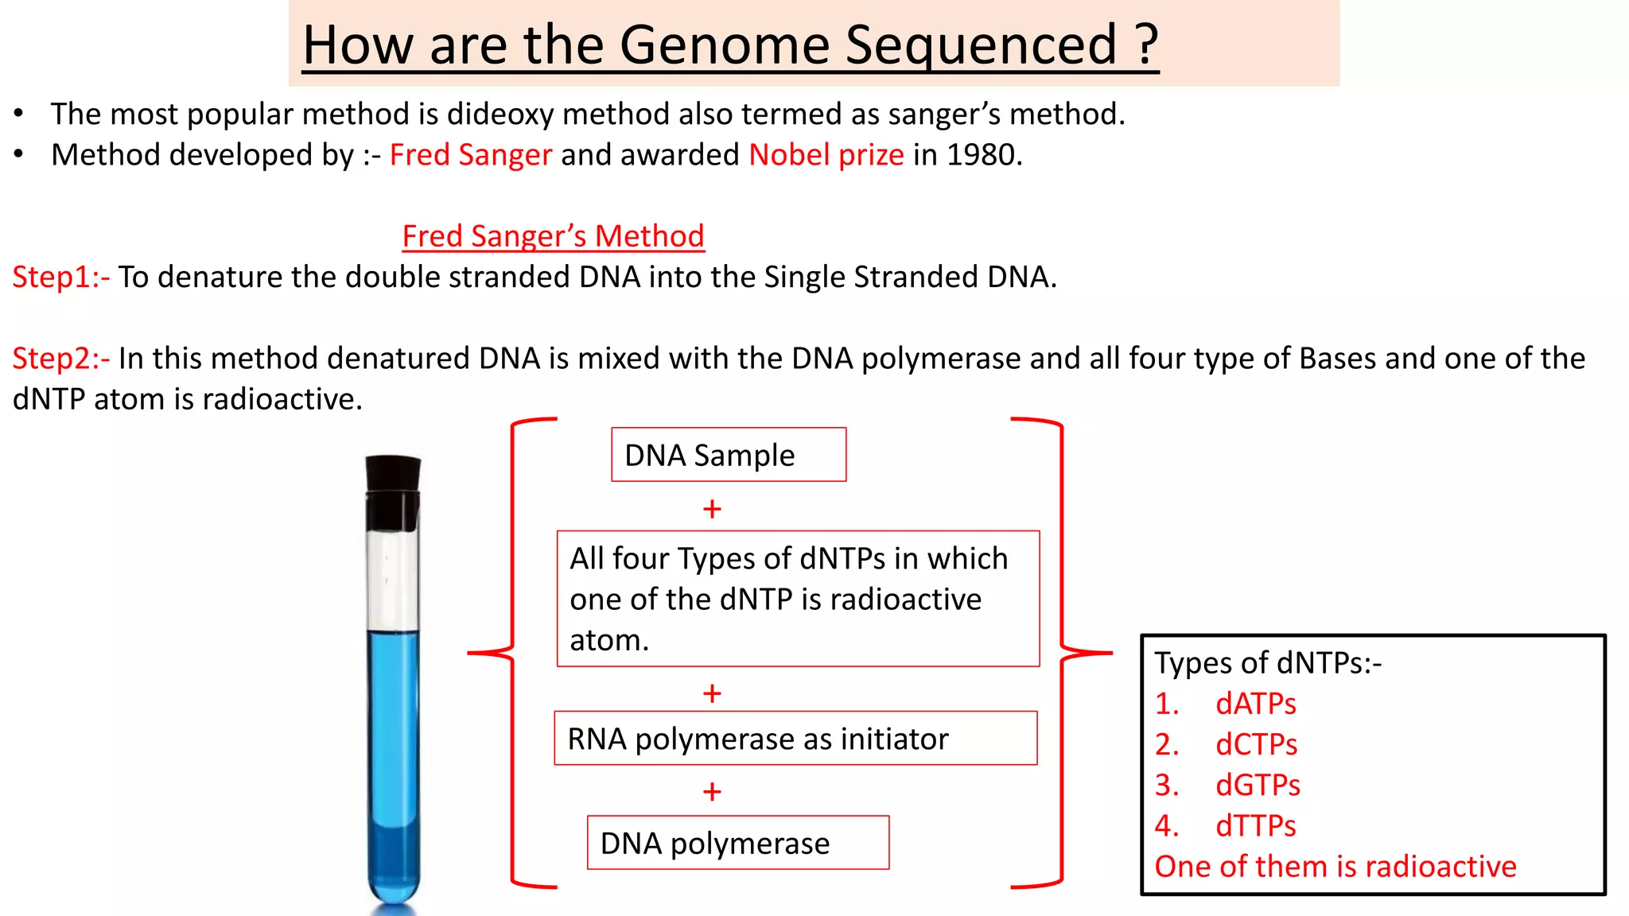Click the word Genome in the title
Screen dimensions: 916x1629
[724, 45]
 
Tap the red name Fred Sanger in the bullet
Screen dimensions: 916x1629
[470, 154]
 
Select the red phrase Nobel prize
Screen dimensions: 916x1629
[826, 154]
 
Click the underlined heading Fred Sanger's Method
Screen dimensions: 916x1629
[553, 236]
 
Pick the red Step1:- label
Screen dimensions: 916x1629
[60, 277]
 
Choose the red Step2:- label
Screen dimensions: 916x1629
[60, 359]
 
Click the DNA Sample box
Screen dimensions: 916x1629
[728, 455]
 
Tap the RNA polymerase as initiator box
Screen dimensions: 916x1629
[795, 739]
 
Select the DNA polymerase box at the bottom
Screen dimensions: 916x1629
[737, 843]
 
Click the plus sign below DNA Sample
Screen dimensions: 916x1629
[712, 509]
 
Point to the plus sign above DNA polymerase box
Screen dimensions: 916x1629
[712, 792]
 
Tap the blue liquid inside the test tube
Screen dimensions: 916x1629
[393, 755]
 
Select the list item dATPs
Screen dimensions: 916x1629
[1255, 704]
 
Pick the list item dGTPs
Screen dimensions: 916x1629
[1257, 786]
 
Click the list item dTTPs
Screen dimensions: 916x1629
[1255, 826]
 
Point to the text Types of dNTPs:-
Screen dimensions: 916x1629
[1268, 663]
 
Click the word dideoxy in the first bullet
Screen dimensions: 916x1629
[500, 114]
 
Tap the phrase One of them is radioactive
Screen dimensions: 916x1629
[1335, 867]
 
